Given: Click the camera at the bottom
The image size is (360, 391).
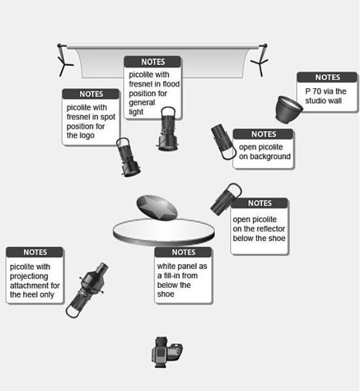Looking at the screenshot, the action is point(167,352).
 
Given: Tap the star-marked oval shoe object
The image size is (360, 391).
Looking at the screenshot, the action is point(157,207).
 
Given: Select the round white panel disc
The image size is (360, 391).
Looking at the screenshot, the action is point(163,232).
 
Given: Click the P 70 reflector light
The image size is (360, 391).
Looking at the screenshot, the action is point(288,109).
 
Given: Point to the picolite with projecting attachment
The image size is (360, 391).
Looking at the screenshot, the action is point(87,290).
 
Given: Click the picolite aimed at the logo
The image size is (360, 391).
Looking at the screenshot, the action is point(128,157).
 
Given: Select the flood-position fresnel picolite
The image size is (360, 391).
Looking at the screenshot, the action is point(168,129).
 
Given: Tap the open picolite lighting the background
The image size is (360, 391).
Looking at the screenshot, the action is point(223,141).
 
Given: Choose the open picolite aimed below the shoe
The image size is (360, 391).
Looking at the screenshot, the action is point(226,199).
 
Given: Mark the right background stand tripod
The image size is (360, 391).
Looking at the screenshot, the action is point(260,60).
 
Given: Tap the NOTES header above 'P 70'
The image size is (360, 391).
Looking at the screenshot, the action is point(328,78).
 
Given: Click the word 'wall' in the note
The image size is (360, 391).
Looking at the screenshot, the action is point(334,101).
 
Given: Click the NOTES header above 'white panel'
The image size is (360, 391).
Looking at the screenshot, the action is point(183,252).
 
